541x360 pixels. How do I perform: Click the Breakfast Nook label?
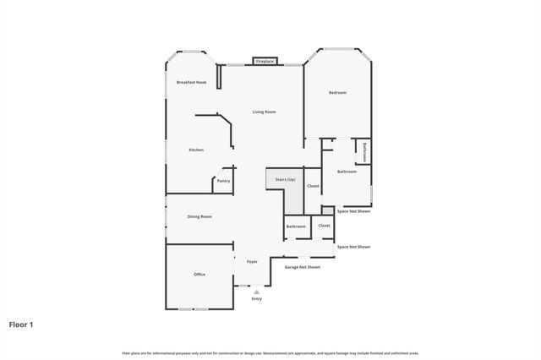[191, 82]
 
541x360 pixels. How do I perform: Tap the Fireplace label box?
[265, 62]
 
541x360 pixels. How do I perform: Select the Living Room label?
[265, 112]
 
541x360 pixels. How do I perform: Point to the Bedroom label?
[337, 92]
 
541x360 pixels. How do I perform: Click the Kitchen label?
[196, 150]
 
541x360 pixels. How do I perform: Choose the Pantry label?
[223, 180]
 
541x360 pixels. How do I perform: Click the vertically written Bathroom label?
[364, 151]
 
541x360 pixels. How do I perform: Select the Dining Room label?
[199, 216]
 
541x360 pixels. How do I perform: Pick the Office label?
[199, 274]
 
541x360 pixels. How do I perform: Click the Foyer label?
[252, 261]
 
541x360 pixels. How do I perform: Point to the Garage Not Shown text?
[302, 267]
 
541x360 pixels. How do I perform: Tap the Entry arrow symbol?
[257, 292]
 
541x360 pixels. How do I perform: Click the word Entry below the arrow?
[257, 298]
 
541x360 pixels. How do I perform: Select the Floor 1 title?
[21, 324]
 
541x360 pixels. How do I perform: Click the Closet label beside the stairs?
[313, 185]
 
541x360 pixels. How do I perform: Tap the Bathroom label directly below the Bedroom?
[347, 172]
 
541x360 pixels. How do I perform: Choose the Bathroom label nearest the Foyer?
[296, 226]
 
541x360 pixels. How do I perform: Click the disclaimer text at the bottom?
[270, 352]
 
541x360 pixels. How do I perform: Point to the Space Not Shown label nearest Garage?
[353, 247]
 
